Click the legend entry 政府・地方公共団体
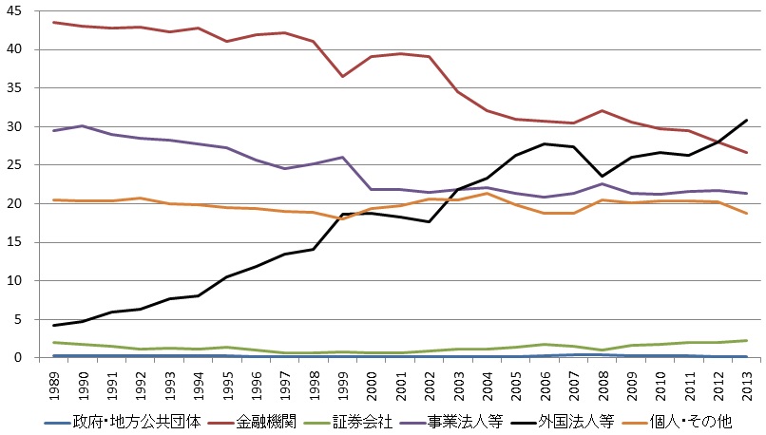coord(138,421)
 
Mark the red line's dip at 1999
coord(343,76)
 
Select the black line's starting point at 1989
coord(56,326)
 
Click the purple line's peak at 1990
coord(85,125)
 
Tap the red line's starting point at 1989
coord(56,22)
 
